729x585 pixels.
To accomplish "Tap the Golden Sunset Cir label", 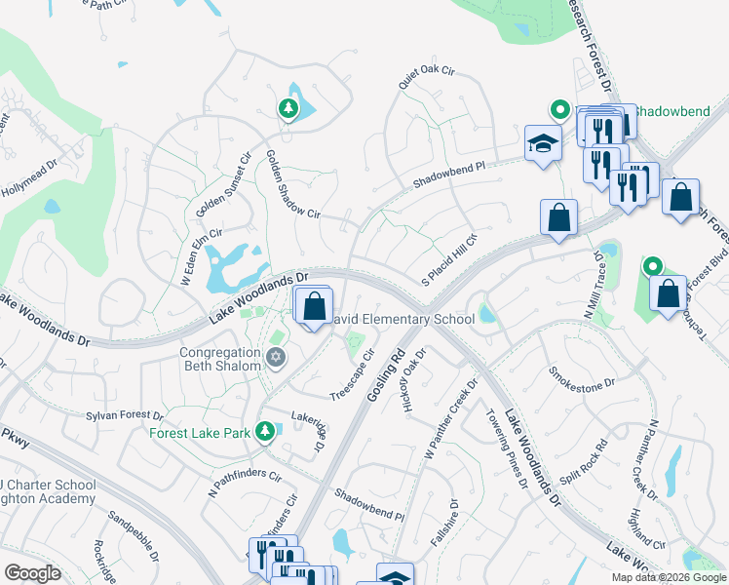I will pyautogui.click(x=224, y=185).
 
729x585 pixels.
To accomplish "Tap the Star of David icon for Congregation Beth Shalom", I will pyautogui.click(x=276, y=359).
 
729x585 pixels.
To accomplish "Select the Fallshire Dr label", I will pyautogui.click(x=453, y=522).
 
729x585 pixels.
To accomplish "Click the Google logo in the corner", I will pyautogui.click(x=32, y=573).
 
